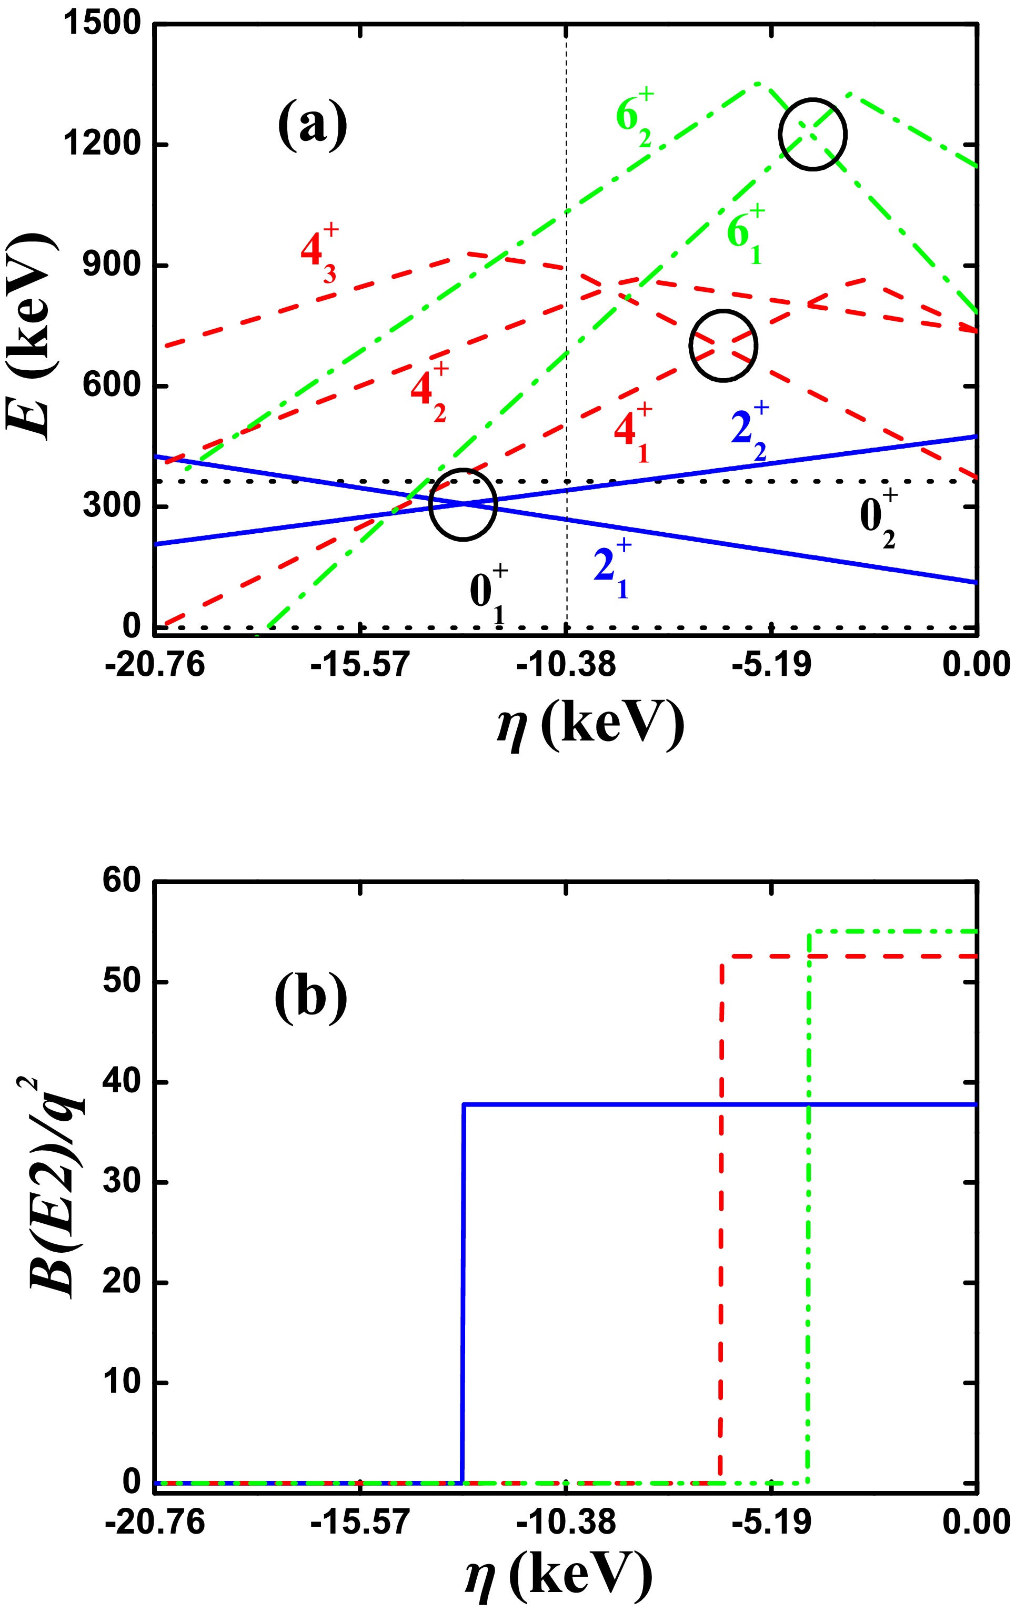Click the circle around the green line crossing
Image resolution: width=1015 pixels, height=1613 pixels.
click(x=812, y=135)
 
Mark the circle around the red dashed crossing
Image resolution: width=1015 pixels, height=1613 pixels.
click(x=723, y=346)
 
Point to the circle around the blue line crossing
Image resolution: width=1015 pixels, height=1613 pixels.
click(x=463, y=504)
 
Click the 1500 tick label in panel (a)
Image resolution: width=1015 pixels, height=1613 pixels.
click(x=102, y=24)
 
